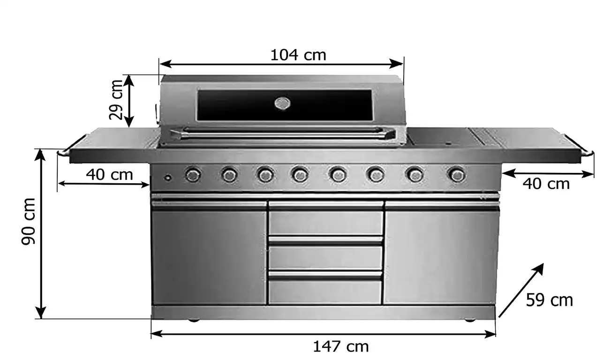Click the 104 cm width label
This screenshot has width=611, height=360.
click(298, 55)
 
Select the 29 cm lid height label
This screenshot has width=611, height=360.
click(116, 99)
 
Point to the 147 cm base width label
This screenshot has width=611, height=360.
click(340, 347)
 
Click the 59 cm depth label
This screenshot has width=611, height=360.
click(549, 300)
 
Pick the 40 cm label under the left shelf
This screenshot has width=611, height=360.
click(109, 175)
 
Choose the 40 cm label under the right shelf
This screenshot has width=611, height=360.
click(546, 184)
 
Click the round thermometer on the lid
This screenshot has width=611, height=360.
click(282, 103)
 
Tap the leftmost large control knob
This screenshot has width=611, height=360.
click(193, 175)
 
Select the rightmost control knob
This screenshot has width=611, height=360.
click(456, 175)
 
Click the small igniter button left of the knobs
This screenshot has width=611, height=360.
click(167, 178)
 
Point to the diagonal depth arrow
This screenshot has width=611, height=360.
click(521, 290)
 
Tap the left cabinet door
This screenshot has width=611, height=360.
click(209, 255)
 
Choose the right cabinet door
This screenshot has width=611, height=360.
click(441, 255)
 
